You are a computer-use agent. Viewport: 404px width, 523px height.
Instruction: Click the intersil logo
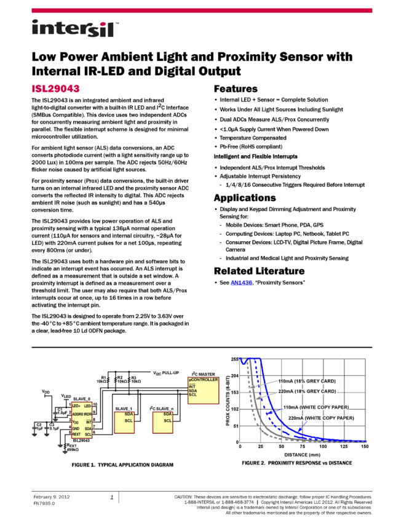pyautogui.click(x=75, y=29)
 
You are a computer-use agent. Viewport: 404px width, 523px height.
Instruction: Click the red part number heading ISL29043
pyautogui.click(x=55, y=89)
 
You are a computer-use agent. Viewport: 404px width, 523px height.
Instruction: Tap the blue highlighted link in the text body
pyautogui.click(x=241, y=283)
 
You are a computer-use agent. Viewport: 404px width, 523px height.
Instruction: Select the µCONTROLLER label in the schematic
pyautogui.click(x=203, y=380)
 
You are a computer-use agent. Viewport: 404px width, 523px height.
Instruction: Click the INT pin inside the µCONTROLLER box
pyautogui.click(x=192, y=386)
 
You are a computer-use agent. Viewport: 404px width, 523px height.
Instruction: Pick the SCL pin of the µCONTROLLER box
pyautogui.click(x=192, y=394)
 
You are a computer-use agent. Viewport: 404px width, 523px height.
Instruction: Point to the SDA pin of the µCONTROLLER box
pyautogui.click(x=192, y=390)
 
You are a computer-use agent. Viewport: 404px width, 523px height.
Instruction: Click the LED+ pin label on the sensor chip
pyautogui.click(x=76, y=406)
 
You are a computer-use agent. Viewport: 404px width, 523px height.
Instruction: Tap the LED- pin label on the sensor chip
pyautogui.click(x=88, y=406)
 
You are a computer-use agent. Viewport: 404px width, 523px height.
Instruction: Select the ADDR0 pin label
pyautogui.click(x=77, y=415)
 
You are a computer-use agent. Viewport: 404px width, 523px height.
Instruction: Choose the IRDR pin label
pyautogui.click(x=88, y=415)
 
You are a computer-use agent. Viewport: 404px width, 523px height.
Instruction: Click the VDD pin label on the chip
pyautogui.click(x=76, y=422)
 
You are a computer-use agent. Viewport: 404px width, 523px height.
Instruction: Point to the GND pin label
pyautogui.click(x=76, y=428)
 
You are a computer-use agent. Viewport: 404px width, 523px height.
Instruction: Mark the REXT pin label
pyautogui.click(x=76, y=434)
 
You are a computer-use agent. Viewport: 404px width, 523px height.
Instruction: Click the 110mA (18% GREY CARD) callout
pyautogui.click(x=307, y=381)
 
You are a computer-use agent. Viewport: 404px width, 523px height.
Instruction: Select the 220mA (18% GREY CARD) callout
pyautogui.click(x=307, y=391)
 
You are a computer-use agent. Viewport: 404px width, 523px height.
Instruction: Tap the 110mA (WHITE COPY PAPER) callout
pyautogui.click(x=315, y=407)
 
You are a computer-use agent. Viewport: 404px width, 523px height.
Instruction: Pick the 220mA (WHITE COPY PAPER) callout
pyautogui.click(x=321, y=418)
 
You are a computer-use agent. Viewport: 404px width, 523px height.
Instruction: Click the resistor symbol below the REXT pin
pyautogui.click(x=65, y=446)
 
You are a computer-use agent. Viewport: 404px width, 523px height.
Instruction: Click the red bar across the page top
pyautogui.click(x=202, y=10)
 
